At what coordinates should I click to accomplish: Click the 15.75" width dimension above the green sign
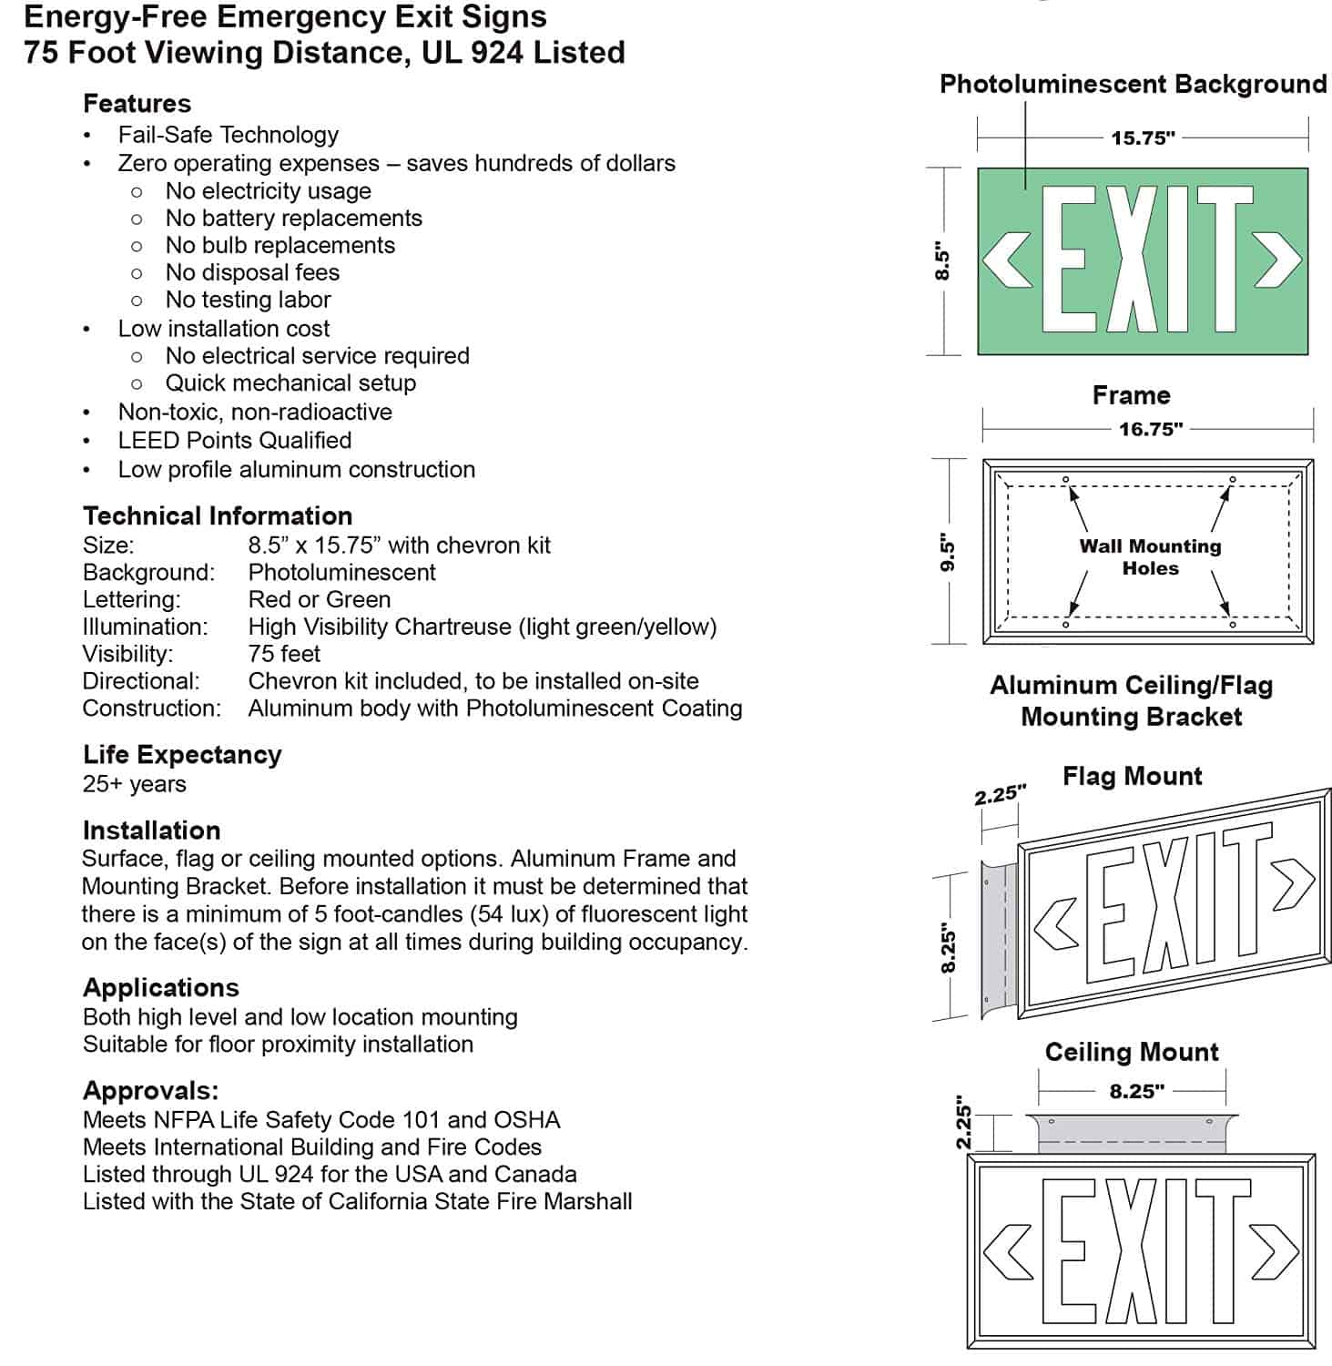click(x=1143, y=138)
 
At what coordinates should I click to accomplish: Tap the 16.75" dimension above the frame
click(x=1151, y=429)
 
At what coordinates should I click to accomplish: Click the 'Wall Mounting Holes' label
click(x=1150, y=556)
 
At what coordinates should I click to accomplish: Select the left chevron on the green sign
click(x=1008, y=260)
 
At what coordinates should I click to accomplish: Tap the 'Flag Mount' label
click(x=1132, y=776)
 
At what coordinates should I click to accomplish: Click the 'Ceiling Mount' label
click(x=1131, y=1052)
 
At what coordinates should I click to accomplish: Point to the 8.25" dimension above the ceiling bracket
click(x=1136, y=1091)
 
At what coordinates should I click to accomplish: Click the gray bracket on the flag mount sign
click(x=996, y=938)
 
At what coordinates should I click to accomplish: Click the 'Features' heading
click(x=137, y=103)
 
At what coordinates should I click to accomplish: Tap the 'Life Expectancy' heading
click(x=182, y=754)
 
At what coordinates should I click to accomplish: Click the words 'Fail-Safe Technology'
click(x=228, y=135)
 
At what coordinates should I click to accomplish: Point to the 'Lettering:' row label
click(x=131, y=599)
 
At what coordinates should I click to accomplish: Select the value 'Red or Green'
click(x=319, y=599)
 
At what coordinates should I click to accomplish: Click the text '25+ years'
click(x=134, y=784)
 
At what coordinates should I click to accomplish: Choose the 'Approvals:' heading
click(x=150, y=1090)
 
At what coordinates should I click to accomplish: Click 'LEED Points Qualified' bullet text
click(x=234, y=440)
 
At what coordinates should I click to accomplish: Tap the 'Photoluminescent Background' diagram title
click(x=1133, y=84)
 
